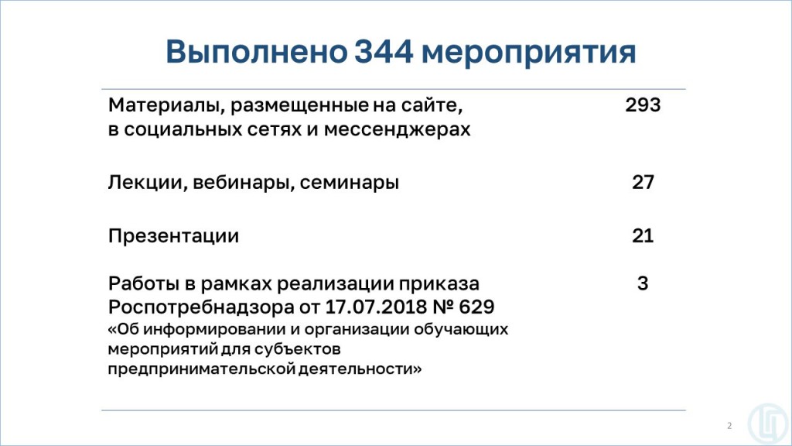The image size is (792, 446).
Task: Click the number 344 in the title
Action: tap(384, 52)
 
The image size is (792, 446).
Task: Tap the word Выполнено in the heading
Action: tap(257, 52)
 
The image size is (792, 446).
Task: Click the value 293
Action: tap(643, 105)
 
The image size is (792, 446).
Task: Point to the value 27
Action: tap(643, 182)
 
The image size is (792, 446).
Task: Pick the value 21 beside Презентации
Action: tap(643, 235)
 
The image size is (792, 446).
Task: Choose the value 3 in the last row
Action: tap(643, 283)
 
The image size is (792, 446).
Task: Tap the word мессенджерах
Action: tap(397, 130)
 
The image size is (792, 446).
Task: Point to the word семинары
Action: tap(350, 183)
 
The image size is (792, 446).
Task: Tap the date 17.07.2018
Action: tap(376, 307)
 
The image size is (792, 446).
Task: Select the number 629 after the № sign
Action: tap(476, 307)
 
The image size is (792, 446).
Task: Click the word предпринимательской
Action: tap(202, 369)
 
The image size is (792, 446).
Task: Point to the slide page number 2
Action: tap(729, 426)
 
